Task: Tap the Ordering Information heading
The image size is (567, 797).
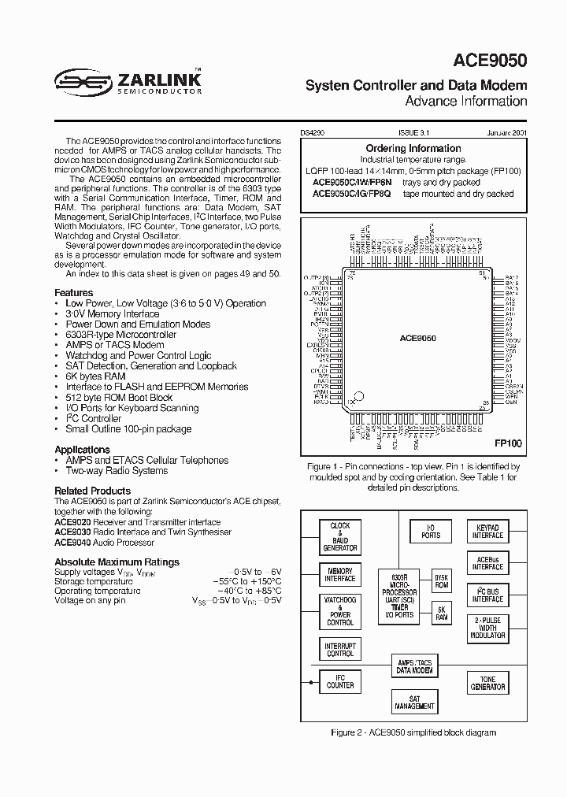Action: click(413, 148)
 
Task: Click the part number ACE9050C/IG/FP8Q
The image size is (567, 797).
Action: click(355, 194)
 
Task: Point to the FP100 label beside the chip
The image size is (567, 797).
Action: click(508, 443)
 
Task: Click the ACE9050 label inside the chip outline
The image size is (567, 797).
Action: click(417, 337)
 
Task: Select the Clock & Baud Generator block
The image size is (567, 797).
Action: click(340, 536)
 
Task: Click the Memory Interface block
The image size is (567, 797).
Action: click(340, 576)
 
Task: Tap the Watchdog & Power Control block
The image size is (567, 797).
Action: click(340, 611)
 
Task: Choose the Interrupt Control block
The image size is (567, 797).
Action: click(340, 650)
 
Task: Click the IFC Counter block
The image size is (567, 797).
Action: click(340, 682)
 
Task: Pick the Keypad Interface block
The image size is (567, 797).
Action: click(487, 532)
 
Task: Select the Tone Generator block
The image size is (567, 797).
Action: click(487, 683)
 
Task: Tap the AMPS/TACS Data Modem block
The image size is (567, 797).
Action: click(414, 666)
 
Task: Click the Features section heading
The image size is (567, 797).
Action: click(73, 292)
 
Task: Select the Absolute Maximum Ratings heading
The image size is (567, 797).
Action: click(117, 562)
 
